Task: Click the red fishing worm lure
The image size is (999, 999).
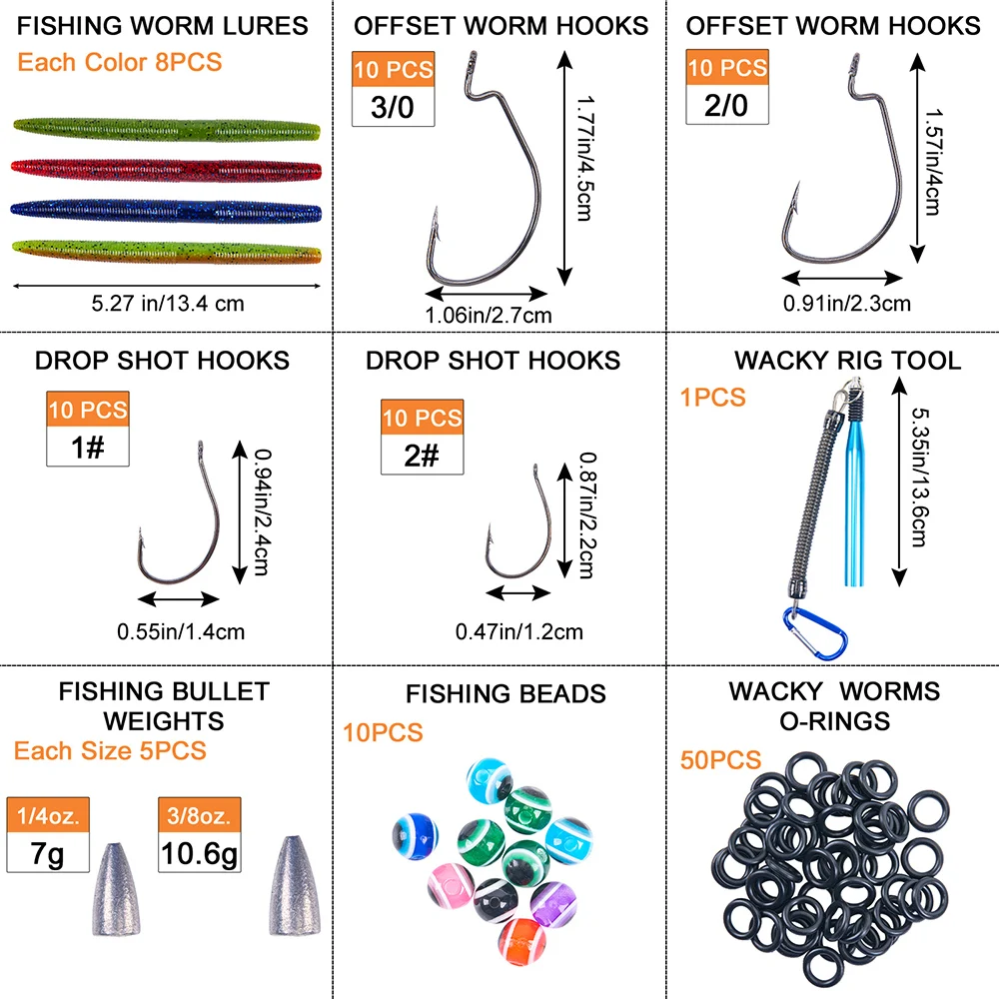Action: [166, 169]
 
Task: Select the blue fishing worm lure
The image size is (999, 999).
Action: [166, 211]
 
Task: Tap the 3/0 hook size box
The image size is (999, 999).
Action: [393, 108]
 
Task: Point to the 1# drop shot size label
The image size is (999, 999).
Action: [88, 446]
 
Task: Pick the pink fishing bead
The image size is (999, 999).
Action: [449, 882]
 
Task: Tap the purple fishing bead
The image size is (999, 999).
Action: [548, 905]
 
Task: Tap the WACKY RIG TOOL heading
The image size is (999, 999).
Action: [847, 360]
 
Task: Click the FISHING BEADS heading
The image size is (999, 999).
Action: [505, 693]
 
